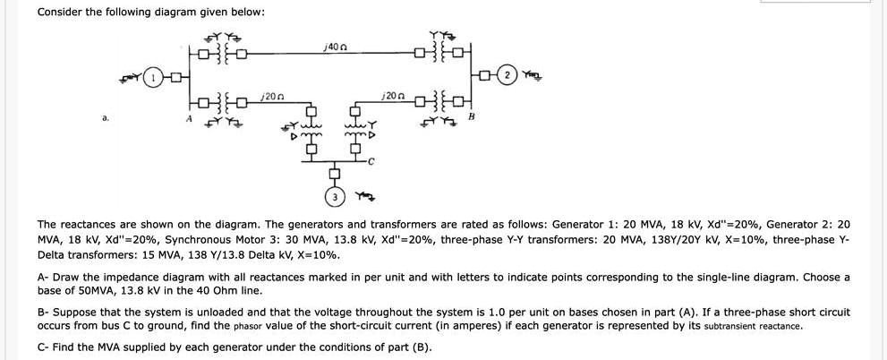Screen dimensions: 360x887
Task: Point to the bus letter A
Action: (x=189, y=117)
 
